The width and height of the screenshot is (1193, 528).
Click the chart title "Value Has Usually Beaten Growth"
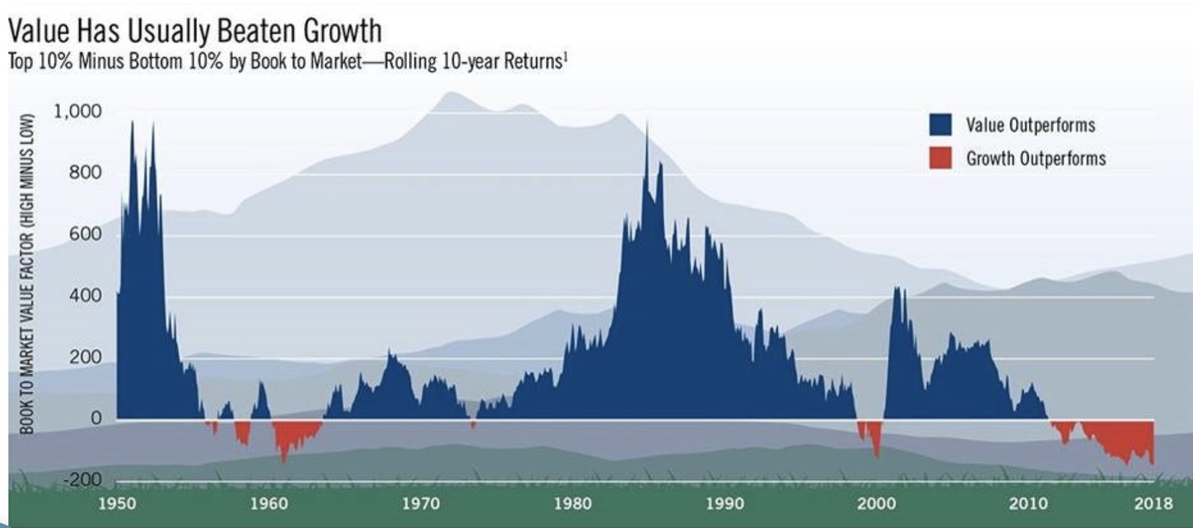click(x=194, y=30)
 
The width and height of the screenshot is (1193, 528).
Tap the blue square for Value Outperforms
click(x=940, y=125)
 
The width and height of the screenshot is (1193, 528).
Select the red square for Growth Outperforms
click(x=940, y=158)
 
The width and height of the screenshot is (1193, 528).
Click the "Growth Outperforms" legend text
click(x=1035, y=159)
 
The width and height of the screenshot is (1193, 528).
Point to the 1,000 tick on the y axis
click(x=77, y=111)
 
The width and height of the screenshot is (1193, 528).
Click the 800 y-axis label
click(x=85, y=172)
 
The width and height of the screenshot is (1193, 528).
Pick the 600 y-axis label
click(x=85, y=234)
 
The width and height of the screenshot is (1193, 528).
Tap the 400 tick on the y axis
click(x=85, y=296)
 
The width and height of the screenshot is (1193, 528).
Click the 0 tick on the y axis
click(x=95, y=418)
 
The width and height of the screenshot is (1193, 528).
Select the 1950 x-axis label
click(x=117, y=503)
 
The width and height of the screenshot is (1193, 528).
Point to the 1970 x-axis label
click(x=421, y=503)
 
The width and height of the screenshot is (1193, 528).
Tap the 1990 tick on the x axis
click(x=725, y=503)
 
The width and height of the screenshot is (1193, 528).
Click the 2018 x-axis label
click(x=1152, y=503)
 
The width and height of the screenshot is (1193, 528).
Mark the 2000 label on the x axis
click(x=877, y=503)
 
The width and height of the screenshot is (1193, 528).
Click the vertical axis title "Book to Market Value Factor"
click(x=26, y=273)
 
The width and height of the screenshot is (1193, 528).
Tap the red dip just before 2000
click(x=874, y=437)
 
